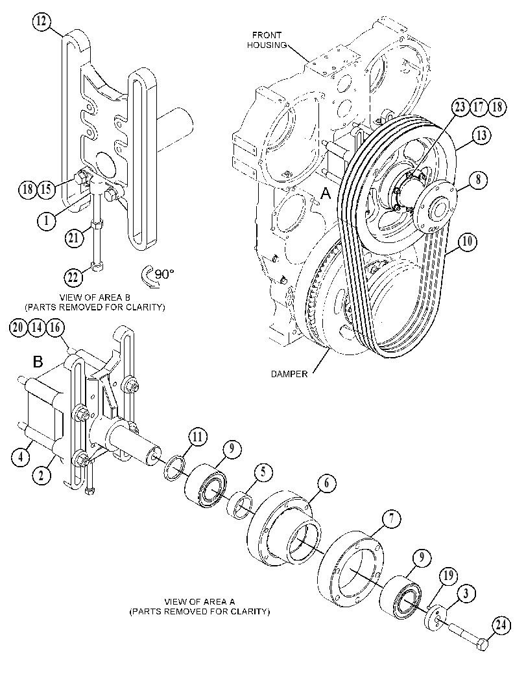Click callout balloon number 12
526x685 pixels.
pos(42,22)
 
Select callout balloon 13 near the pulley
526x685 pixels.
pos(481,136)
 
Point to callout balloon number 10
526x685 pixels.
pos(467,242)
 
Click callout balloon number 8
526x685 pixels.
pos(479,180)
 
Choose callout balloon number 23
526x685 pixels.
pos(460,107)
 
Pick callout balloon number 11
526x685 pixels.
pos(198,437)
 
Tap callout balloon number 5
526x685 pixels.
pos(263,472)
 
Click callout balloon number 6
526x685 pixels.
pos(327,483)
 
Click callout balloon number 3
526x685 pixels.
pos(466,594)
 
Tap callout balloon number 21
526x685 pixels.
pos(75,238)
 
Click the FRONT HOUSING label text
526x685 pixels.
pos(267,40)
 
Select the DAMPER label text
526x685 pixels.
pos(289,374)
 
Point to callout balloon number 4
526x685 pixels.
pos(21,457)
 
